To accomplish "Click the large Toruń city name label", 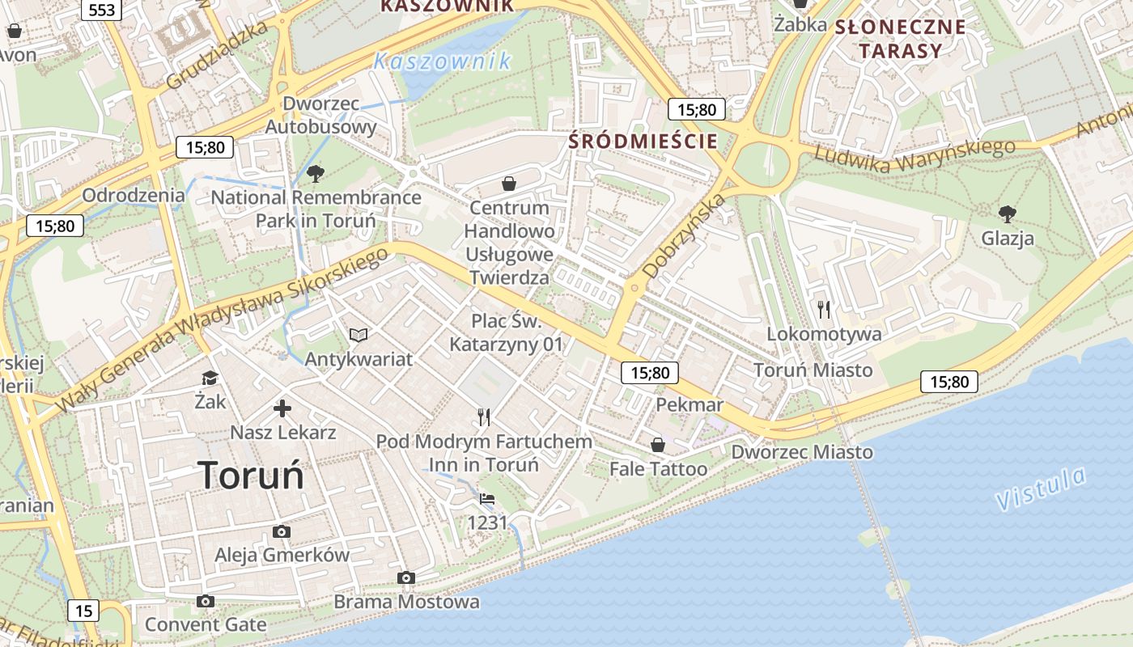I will click(x=251, y=475).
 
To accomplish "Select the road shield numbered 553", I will click(x=101, y=10).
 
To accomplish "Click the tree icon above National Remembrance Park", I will click(x=316, y=173).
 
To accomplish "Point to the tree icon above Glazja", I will click(x=1008, y=214).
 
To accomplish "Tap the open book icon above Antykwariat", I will click(x=359, y=335).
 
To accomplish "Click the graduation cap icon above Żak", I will click(x=210, y=378).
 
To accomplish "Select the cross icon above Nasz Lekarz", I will click(x=282, y=408).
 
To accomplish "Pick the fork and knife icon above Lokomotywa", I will click(x=824, y=309).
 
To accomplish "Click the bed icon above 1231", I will click(x=487, y=499).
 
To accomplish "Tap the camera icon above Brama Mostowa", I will click(x=406, y=577).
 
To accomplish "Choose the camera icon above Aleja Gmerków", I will click(x=282, y=531).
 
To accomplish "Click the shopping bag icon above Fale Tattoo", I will click(x=658, y=445).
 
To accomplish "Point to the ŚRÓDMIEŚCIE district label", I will click(x=643, y=141).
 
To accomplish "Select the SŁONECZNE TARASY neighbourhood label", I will click(x=900, y=39).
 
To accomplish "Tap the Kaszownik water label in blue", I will click(x=443, y=61).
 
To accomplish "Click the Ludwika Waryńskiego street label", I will click(x=914, y=156).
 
